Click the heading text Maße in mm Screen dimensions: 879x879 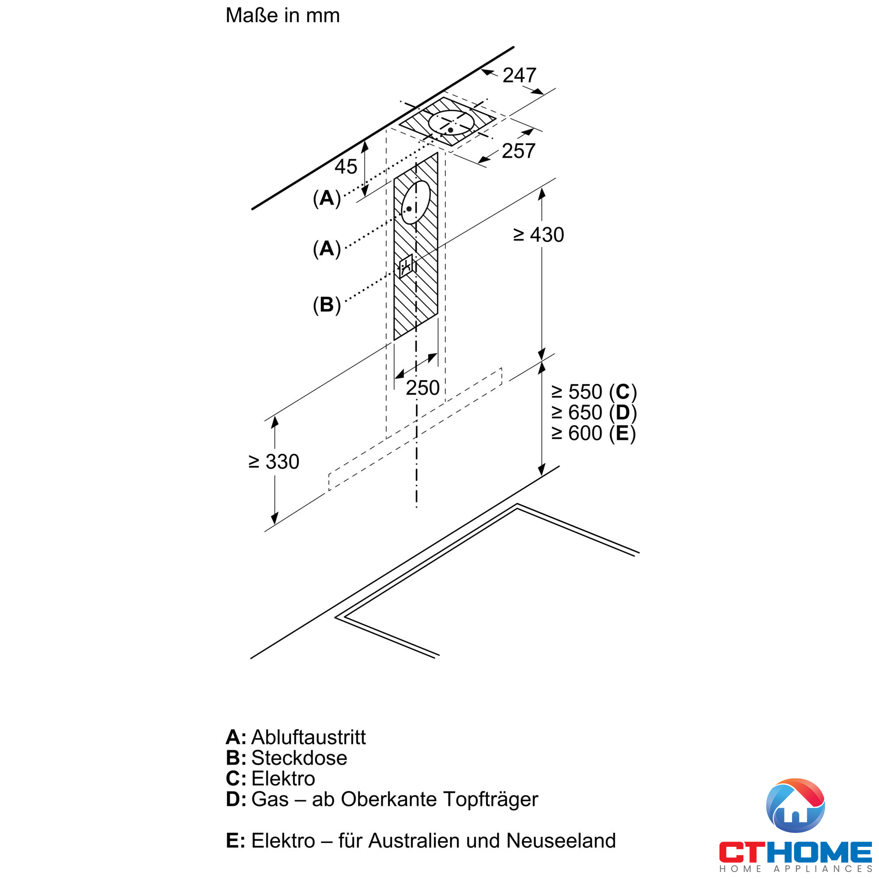(x=283, y=15)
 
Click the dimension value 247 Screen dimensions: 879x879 (x=519, y=76)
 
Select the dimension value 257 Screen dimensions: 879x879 (x=518, y=151)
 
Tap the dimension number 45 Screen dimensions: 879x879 (x=346, y=167)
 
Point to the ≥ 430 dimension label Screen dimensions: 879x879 (x=538, y=235)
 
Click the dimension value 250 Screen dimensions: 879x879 (x=422, y=388)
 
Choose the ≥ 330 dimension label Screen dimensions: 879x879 (x=274, y=462)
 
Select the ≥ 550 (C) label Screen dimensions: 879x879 (x=594, y=392)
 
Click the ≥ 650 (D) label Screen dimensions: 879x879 (x=594, y=413)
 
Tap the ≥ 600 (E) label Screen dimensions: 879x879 (x=594, y=433)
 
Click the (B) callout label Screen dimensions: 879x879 (x=327, y=305)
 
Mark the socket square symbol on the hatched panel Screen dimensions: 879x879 (x=406, y=266)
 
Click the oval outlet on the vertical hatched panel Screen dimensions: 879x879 (x=415, y=203)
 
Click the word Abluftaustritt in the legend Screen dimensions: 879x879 (x=308, y=737)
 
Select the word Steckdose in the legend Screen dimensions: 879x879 (x=299, y=758)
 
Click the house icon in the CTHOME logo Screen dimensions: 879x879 (x=795, y=806)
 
